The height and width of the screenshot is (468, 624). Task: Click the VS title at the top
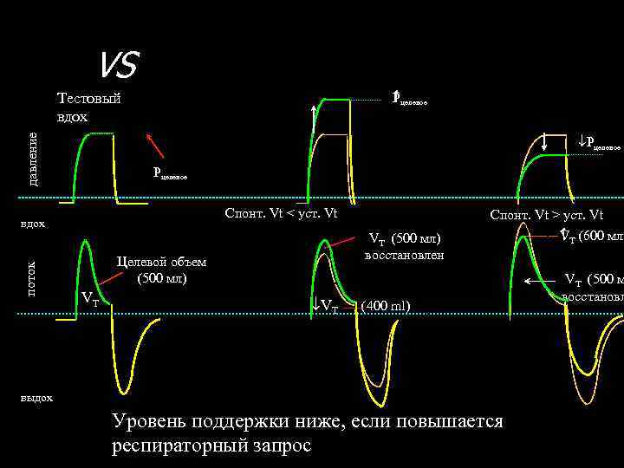116,63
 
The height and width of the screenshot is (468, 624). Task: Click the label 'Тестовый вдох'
88,107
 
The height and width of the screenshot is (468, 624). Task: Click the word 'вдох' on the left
32,224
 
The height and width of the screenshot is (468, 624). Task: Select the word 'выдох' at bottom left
36,398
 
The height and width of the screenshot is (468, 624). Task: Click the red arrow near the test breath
155,145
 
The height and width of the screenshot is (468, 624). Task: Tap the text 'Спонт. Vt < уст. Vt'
281,213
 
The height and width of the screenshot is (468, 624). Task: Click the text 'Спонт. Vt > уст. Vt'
547,215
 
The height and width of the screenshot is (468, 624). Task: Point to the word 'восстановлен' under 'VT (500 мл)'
404,256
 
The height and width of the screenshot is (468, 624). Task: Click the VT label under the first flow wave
89,301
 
